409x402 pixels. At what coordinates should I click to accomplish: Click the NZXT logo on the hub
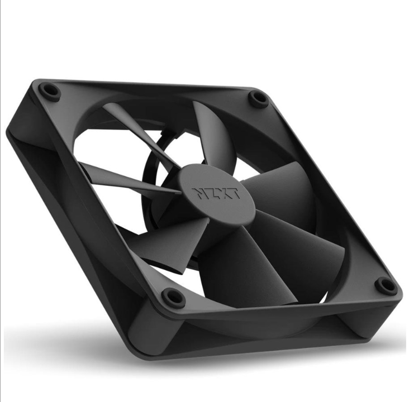tap(216, 193)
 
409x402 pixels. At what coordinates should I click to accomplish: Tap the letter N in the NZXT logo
tap(199, 193)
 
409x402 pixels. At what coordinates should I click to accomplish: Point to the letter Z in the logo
tap(210, 193)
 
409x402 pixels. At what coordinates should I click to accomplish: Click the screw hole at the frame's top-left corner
tap(50, 90)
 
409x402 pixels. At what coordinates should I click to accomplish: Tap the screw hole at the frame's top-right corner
tap(258, 99)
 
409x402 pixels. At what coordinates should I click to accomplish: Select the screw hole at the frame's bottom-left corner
tap(173, 296)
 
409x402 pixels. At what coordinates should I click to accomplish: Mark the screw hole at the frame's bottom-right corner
tap(386, 285)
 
